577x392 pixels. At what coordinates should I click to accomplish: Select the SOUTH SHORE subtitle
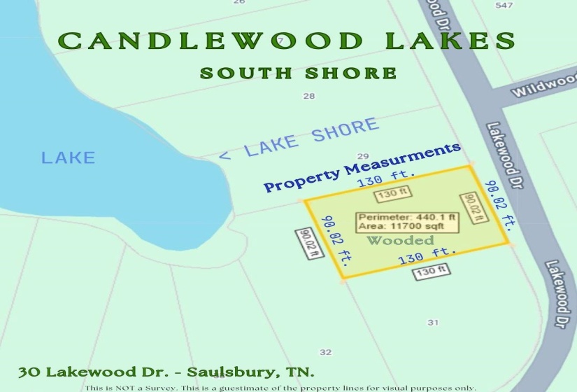pos(298,73)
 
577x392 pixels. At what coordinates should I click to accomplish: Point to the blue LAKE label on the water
pos(68,157)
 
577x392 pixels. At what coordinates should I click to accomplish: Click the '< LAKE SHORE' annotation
pos(299,139)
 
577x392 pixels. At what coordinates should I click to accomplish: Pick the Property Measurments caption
pos(362,167)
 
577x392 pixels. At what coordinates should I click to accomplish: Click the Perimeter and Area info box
pos(407,221)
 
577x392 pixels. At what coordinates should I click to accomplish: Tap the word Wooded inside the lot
pos(400,240)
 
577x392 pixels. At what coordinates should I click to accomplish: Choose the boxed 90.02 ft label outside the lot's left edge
pos(308,244)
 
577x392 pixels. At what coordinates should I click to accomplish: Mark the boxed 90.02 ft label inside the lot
pos(472,208)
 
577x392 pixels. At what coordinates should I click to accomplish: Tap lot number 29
pos(362,156)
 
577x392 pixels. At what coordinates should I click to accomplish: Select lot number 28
pos(308,96)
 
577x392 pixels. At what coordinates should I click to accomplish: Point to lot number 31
pos(433,322)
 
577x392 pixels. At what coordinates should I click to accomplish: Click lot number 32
pos(325,352)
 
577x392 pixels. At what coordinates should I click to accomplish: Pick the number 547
pos(504,6)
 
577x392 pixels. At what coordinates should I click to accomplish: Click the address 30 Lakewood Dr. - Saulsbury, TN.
pos(166,371)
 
